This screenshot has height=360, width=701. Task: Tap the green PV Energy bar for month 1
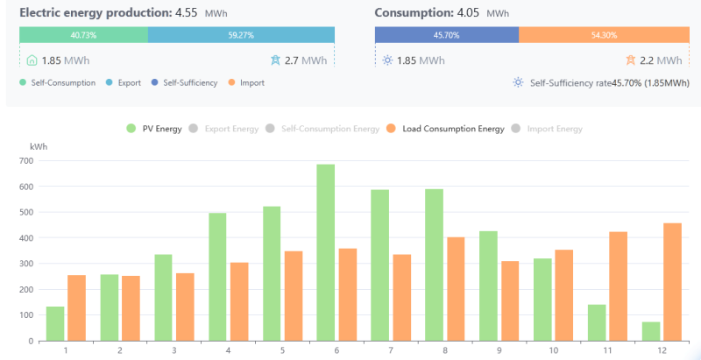coord(55,323)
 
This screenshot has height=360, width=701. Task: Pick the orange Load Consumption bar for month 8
coord(455,289)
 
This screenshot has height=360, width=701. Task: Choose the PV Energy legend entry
coord(155,129)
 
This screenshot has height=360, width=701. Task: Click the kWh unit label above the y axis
coord(39,146)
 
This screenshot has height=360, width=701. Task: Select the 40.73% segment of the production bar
coord(83,34)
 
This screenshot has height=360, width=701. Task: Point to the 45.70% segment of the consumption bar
coord(447,34)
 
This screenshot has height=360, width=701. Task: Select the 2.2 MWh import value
coord(662,60)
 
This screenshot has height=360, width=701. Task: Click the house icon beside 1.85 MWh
coord(32,60)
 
